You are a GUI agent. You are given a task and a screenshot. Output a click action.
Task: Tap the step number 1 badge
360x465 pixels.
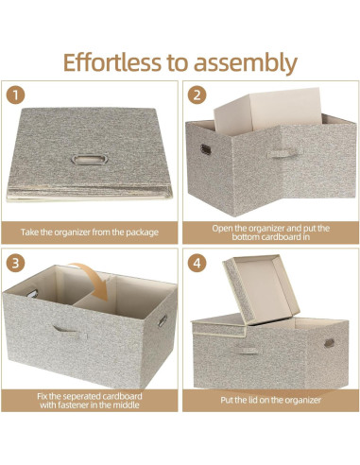tap(16, 95)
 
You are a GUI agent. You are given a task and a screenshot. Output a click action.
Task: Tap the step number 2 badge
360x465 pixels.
tap(197, 95)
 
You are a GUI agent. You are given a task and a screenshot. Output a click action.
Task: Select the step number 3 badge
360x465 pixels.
tap(16, 262)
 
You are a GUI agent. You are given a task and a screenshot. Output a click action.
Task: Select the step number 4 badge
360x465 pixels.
tap(197, 262)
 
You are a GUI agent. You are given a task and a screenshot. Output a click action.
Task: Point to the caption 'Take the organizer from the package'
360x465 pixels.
tap(90, 232)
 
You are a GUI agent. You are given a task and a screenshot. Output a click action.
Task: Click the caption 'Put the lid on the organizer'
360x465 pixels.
tap(270, 399)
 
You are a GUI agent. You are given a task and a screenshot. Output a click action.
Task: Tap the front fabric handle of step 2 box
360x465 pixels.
tap(278, 152)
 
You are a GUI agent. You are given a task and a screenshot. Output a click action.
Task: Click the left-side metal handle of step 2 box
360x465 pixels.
tap(203, 148)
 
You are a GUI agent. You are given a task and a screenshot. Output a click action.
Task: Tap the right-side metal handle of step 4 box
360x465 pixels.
tap(329, 342)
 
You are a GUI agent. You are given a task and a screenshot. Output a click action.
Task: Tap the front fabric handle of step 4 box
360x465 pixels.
tap(248, 350)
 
